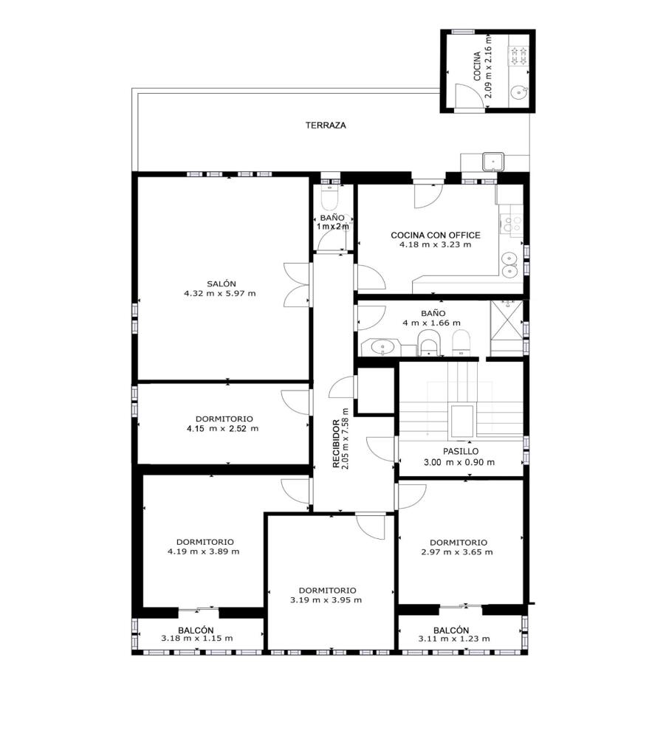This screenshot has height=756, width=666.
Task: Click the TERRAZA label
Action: tap(326, 126)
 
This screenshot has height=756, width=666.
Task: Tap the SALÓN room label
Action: tap(222, 284)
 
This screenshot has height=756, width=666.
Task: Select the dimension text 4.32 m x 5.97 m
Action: tap(220, 293)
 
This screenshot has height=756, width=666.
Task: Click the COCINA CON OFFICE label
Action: tap(436, 236)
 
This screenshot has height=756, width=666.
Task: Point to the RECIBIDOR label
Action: tap(336, 444)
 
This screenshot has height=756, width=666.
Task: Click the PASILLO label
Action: tap(461, 452)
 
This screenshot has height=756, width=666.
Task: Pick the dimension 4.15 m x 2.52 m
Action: tap(222, 429)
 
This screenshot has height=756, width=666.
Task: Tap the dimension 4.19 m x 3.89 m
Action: tap(204, 551)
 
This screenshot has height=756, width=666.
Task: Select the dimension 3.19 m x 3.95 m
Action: tap(326, 600)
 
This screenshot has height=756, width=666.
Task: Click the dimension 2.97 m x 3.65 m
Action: tap(457, 552)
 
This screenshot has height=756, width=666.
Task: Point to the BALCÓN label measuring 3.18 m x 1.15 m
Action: tap(196, 630)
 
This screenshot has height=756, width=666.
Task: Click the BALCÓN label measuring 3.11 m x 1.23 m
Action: tap(451, 630)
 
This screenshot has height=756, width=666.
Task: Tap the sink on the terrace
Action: tap(493, 161)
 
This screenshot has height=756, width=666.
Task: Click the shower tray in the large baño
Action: tap(507, 328)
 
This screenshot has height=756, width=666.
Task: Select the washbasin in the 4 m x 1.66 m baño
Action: tap(383, 346)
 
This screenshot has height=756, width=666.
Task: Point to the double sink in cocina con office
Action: tap(509, 265)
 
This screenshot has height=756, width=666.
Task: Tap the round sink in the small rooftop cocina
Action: tap(519, 92)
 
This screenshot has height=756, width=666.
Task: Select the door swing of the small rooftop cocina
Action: tap(470, 97)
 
